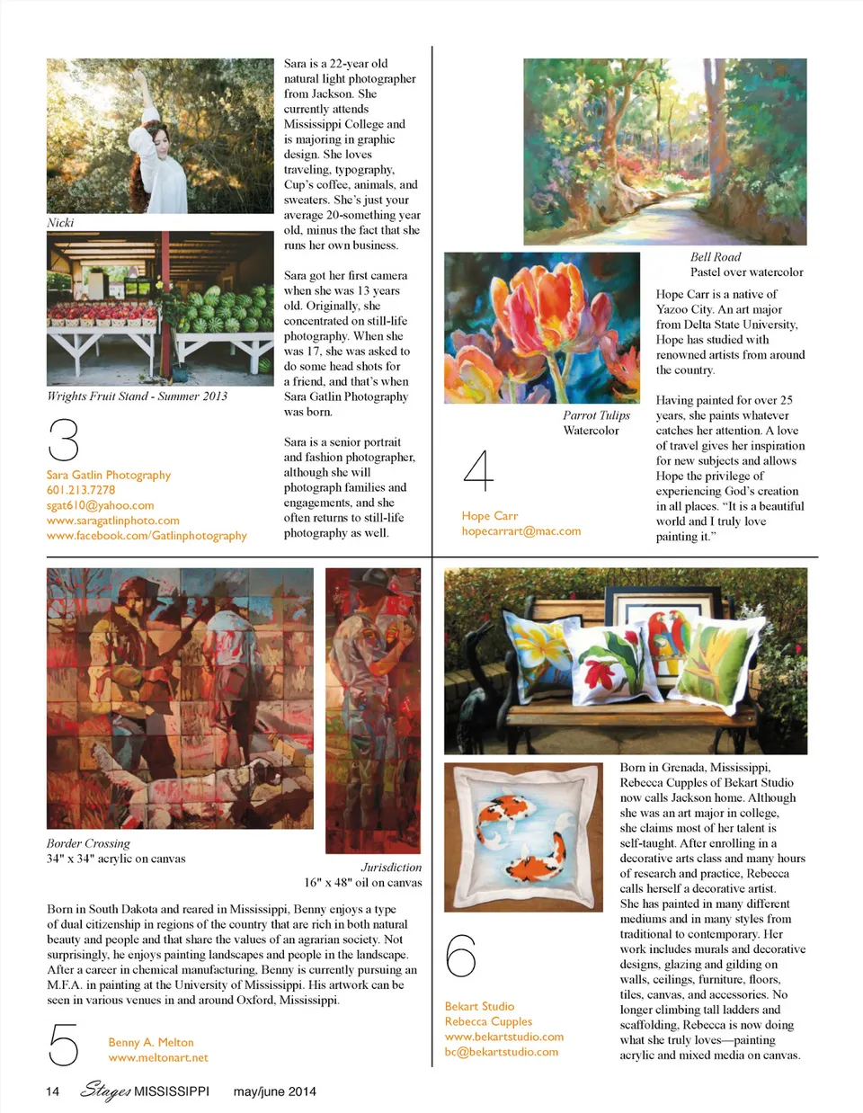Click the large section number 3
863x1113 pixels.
point(64,440)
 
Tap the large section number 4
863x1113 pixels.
point(478,471)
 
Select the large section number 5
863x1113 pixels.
point(64,1046)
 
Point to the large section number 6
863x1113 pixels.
point(461,955)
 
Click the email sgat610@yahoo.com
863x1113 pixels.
point(101,505)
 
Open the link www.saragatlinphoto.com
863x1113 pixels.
point(113,521)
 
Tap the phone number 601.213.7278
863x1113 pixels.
point(81,490)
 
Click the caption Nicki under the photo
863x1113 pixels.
point(60,222)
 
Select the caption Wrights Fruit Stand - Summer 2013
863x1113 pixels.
point(138,396)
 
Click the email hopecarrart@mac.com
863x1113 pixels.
point(521,531)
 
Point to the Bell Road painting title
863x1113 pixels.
point(716,257)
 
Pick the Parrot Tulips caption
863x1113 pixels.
point(596,415)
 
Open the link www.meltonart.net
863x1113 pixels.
point(158,1057)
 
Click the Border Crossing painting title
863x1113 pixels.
point(88,843)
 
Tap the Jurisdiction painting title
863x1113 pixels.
point(391,868)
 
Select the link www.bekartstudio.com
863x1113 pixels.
point(504,1037)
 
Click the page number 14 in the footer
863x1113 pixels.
point(53,1091)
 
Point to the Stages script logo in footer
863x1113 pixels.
point(105,1091)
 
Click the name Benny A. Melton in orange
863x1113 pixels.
point(151,1042)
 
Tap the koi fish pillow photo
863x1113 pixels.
point(523,838)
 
